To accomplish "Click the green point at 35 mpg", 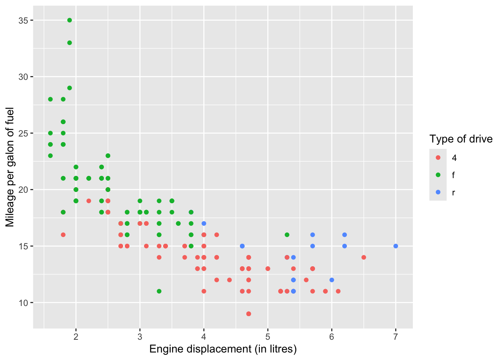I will click(x=69, y=20).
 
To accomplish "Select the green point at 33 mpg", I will click(x=69, y=43).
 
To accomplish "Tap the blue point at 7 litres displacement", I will click(x=396, y=246).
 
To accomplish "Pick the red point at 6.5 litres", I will click(x=364, y=257).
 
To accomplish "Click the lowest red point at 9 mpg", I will click(x=249, y=313).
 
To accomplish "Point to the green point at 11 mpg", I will click(x=159, y=291).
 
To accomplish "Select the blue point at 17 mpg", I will click(x=204, y=223).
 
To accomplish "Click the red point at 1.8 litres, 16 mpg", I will click(x=63, y=235).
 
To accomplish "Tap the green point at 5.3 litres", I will click(x=287, y=235).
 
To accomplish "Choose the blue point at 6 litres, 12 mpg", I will click(x=332, y=280).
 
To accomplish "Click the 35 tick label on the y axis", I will click(x=23, y=20).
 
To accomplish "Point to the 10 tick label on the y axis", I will click(x=23, y=303).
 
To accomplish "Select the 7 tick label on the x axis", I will click(x=396, y=336).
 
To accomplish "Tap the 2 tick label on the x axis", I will click(x=76, y=336).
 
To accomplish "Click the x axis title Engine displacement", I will click(x=223, y=349).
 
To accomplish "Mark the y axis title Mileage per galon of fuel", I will click(x=10, y=167).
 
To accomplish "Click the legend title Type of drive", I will click(x=461, y=139).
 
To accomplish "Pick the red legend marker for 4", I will click(x=438, y=158).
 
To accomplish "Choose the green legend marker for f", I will click(x=438, y=175).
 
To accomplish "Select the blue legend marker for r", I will click(x=438, y=192).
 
